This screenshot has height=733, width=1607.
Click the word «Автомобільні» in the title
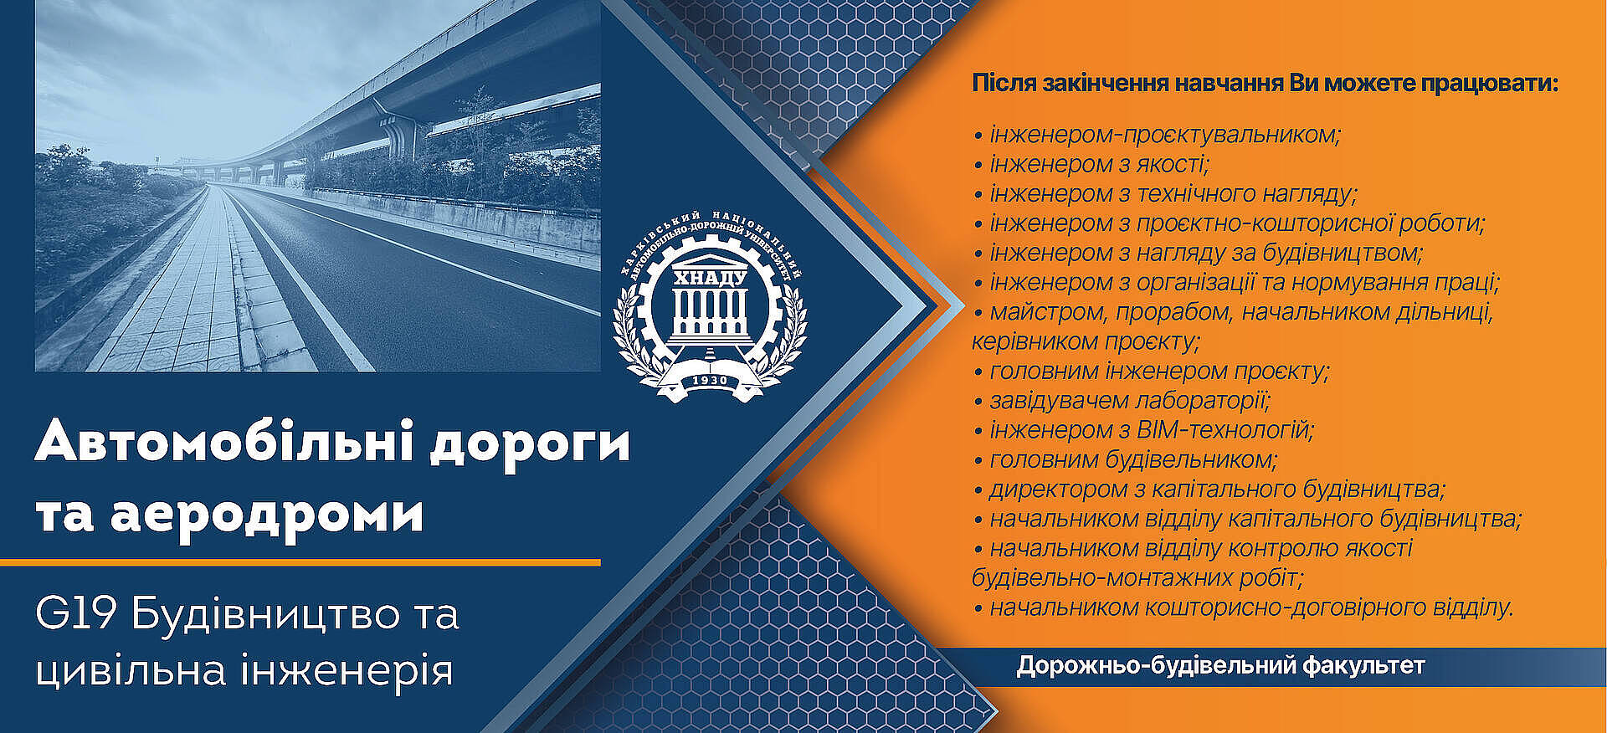(225, 443)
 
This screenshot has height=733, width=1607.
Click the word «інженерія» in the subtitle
(347, 670)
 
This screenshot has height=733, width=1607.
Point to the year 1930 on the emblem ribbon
(710, 381)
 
